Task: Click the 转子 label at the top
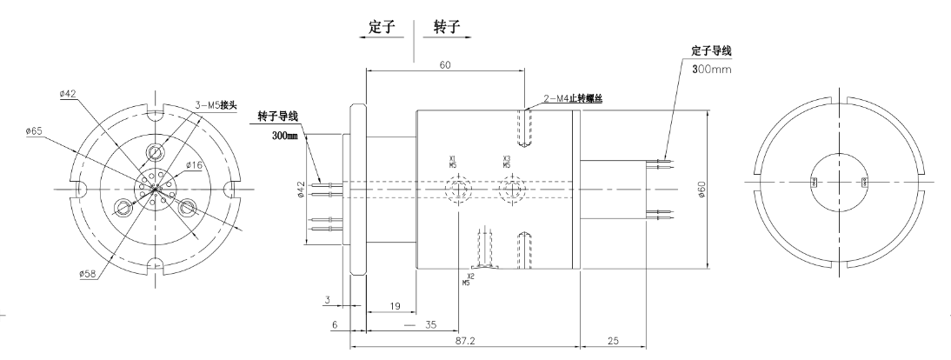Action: click(x=448, y=28)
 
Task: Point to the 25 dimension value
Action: click(x=611, y=343)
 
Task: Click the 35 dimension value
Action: click(x=429, y=324)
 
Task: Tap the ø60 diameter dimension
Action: click(x=702, y=189)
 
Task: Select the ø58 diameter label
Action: click(x=87, y=274)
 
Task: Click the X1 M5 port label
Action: click(x=453, y=161)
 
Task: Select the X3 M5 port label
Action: click(x=507, y=161)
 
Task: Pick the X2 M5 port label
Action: click(x=469, y=279)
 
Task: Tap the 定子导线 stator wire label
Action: click(x=704, y=53)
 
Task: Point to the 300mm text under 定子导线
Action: click(x=709, y=69)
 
